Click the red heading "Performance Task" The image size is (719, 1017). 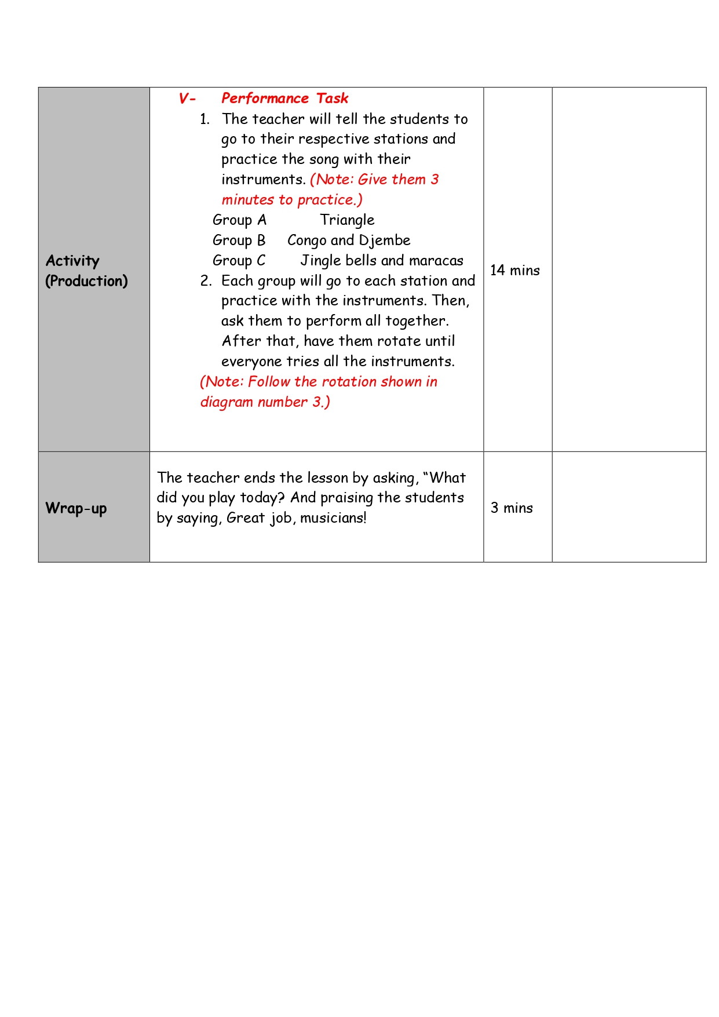pos(284,99)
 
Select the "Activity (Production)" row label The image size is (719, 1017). pos(86,271)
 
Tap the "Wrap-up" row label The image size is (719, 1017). pos(76,508)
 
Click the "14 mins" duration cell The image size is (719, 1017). pos(514,271)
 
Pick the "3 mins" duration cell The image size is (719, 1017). pos(512,508)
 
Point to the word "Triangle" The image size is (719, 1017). pos(347,220)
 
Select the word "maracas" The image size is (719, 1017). pos(436,261)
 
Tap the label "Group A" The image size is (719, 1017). pos(239,220)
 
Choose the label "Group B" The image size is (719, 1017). pos(239,240)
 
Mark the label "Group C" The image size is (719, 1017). pos(239,261)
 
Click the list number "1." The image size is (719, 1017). pos(205,119)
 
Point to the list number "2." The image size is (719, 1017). pos(206,281)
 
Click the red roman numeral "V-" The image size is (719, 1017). pos(187,99)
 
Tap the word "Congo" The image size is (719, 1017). pos(306,240)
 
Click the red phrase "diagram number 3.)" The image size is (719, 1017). pos(265,402)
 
